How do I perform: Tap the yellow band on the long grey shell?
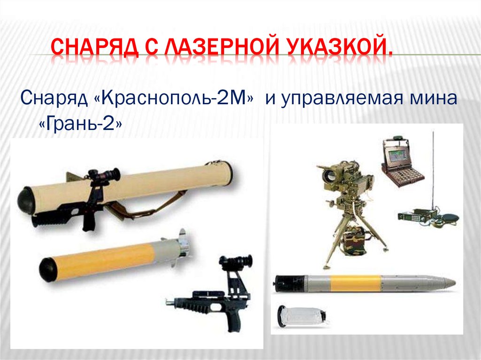click(x=355, y=283)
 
